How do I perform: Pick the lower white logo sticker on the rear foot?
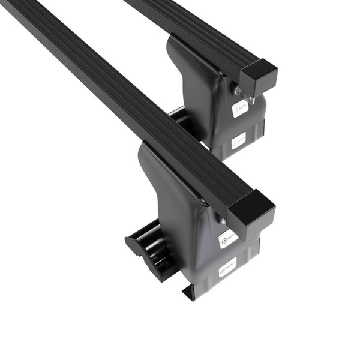point(238,142)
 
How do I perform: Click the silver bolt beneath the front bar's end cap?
point(223,221)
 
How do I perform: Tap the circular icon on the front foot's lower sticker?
point(223,268)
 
